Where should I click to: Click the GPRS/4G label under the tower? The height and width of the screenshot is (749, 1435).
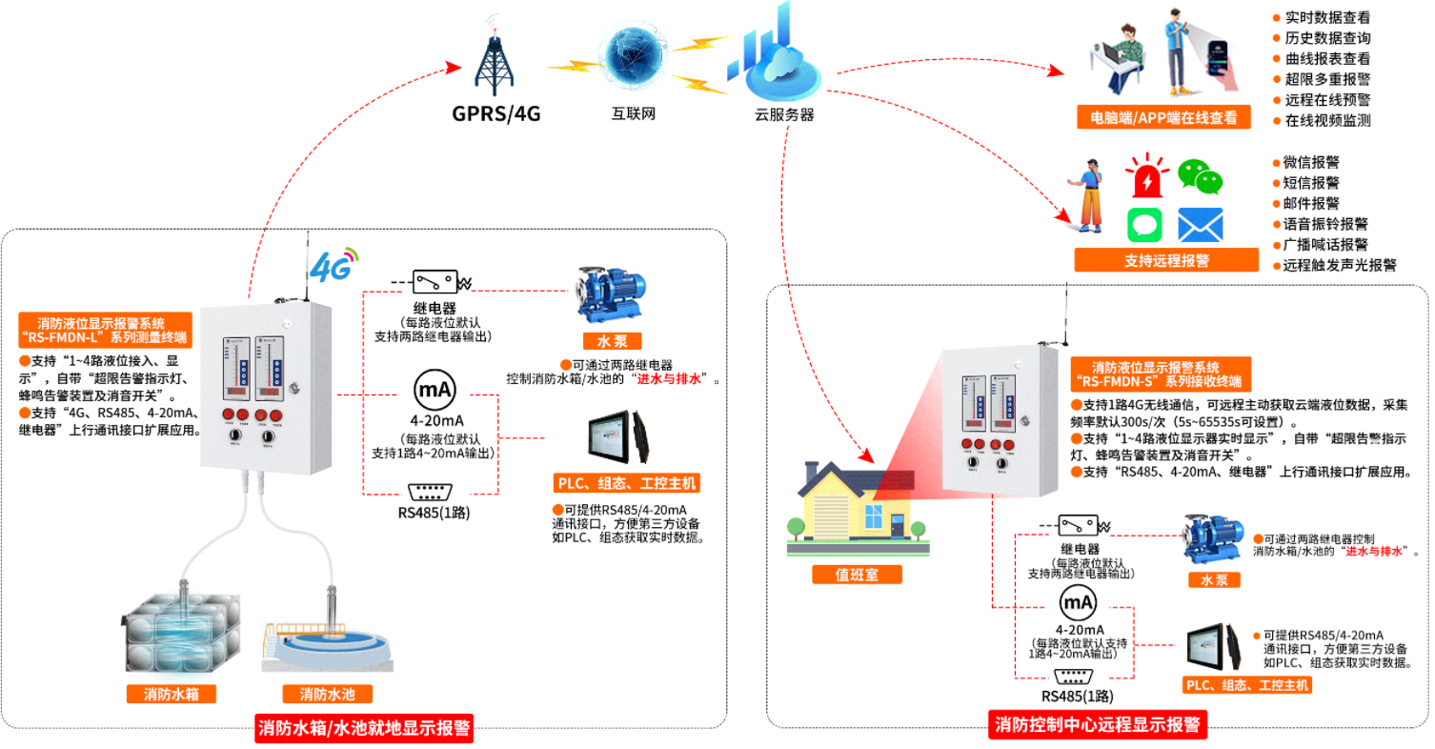[x=495, y=113]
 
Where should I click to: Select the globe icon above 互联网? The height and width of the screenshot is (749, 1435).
[x=633, y=58]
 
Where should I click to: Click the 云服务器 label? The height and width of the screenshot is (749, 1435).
[x=784, y=115]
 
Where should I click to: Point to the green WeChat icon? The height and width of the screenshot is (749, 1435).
[x=1200, y=178]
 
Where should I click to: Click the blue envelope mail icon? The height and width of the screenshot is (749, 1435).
[x=1200, y=225]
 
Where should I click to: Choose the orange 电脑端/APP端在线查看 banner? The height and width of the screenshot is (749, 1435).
[x=1163, y=118]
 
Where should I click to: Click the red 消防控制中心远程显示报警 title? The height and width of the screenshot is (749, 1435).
[x=1098, y=724]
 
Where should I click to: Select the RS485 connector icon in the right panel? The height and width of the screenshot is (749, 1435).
[x=1076, y=678]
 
